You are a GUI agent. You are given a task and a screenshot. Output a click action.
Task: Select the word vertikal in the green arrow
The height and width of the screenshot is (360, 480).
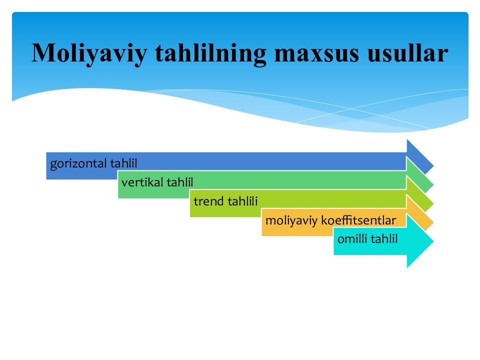[x=142, y=182]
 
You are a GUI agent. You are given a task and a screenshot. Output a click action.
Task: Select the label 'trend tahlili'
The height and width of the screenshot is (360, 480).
[x=225, y=201]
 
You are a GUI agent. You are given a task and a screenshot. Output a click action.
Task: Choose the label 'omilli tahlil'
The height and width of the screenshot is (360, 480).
[x=367, y=239]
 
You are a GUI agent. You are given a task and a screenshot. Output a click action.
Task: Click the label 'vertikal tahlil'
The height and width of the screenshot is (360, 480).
[x=157, y=182]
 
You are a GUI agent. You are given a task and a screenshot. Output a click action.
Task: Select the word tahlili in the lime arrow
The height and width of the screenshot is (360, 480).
[x=242, y=201]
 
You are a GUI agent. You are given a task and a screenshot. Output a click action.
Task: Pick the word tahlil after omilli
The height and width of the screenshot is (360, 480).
[x=384, y=239]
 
